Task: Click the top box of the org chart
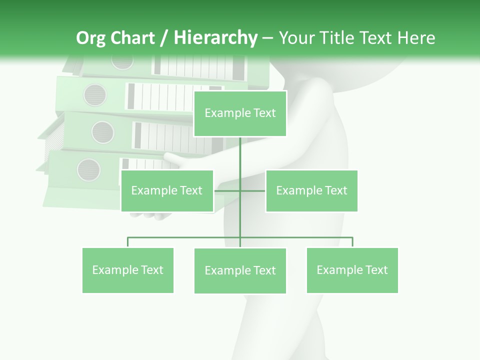tap(240, 113)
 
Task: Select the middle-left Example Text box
tap(167, 190)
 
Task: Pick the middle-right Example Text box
tap(311, 190)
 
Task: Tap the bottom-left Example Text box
tap(128, 270)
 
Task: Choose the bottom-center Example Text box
tap(240, 270)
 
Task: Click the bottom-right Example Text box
tap(352, 270)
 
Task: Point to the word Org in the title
tap(91, 38)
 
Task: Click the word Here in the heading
tap(416, 38)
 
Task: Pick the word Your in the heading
tap(297, 38)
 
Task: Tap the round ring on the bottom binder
tap(88, 169)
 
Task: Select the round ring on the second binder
tap(95, 94)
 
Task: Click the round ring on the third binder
tap(102, 132)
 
